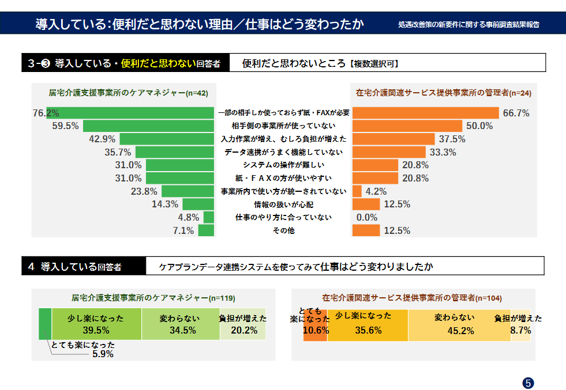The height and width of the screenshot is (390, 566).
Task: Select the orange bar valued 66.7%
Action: click(x=425, y=113)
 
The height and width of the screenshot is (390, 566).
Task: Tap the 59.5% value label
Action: click(x=65, y=126)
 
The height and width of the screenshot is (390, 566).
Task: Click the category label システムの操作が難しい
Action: click(x=283, y=165)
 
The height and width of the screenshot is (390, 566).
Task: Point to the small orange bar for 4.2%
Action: click(x=357, y=191)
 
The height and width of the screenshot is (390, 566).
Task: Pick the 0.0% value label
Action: click(x=367, y=218)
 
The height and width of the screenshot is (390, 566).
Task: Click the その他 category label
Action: click(x=283, y=231)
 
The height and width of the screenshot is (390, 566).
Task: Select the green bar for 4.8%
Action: click(x=209, y=218)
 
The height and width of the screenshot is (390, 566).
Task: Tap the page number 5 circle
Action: click(x=528, y=383)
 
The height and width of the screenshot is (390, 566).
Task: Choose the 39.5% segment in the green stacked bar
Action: click(x=96, y=324)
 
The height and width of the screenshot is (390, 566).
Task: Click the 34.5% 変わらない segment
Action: click(x=181, y=324)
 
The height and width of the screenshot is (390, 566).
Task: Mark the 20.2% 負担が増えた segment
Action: click(x=243, y=324)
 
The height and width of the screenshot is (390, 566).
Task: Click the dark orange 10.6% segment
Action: click(x=316, y=326)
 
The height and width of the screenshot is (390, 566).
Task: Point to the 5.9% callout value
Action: click(x=103, y=354)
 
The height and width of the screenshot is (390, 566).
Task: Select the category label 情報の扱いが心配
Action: click(x=283, y=205)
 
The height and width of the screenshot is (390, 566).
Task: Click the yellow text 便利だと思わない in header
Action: click(x=158, y=63)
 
